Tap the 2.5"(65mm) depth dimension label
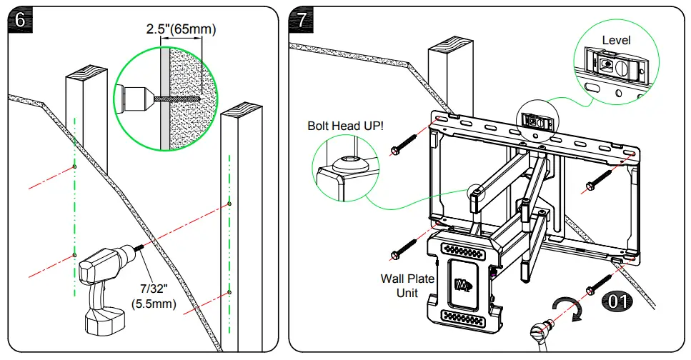(181, 29)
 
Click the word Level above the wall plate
(616, 41)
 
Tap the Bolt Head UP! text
(345, 126)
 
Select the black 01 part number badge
(617, 301)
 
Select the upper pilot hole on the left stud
(74, 166)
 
